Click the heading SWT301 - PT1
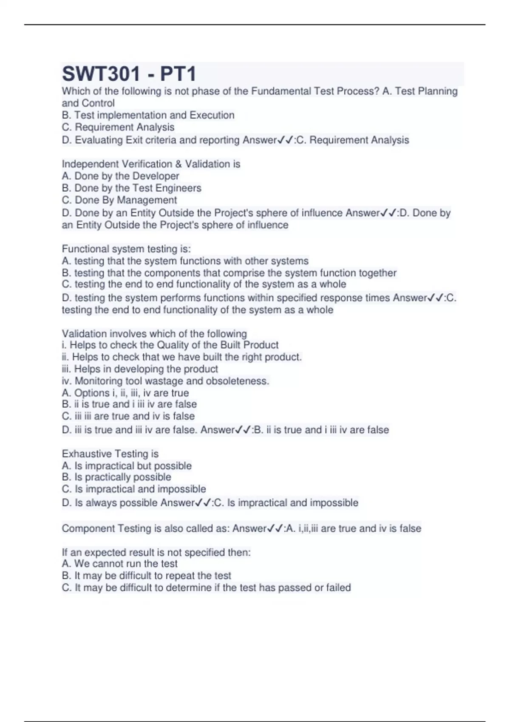[129, 74]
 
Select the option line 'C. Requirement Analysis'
[118, 127]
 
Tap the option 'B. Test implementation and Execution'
[148, 115]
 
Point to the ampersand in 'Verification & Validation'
[178, 164]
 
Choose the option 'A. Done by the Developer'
[120, 176]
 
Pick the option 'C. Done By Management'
[119, 200]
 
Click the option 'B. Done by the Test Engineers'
[131, 188]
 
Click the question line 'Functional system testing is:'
[126, 249]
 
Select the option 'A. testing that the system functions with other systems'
[185, 261]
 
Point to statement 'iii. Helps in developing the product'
[140, 369]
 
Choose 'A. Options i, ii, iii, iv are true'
[125, 393]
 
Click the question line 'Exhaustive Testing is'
[110, 454]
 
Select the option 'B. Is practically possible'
[116, 477]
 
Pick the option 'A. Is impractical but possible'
[127, 466]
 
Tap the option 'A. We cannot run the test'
[119, 564]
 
